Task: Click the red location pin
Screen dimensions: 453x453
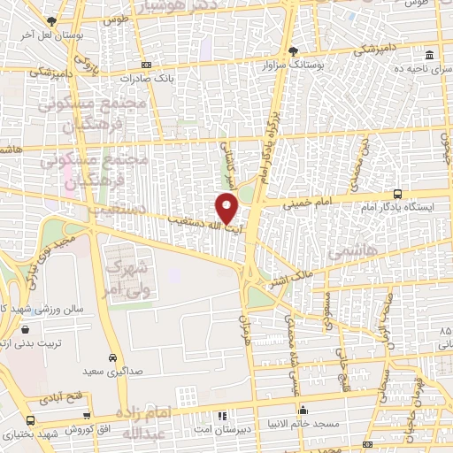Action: click(x=226, y=209)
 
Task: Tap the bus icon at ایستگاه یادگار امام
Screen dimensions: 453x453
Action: click(x=397, y=194)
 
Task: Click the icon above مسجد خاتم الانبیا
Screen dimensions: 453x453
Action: click(x=303, y=411)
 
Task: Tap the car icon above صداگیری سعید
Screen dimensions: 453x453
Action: click(x=111, y=358)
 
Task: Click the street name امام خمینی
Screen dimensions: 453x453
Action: click(x=309, y=203)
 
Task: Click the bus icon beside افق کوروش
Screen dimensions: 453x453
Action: click(x=31, y=421)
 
